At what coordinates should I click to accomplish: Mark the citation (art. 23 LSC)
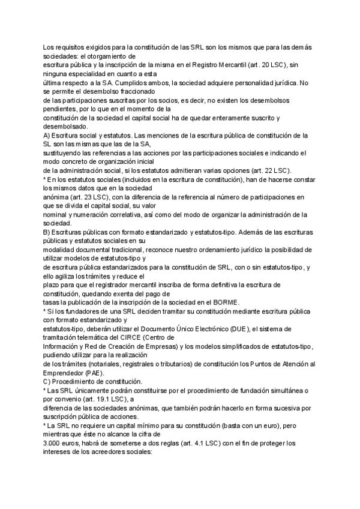click(x=82, y=197)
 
